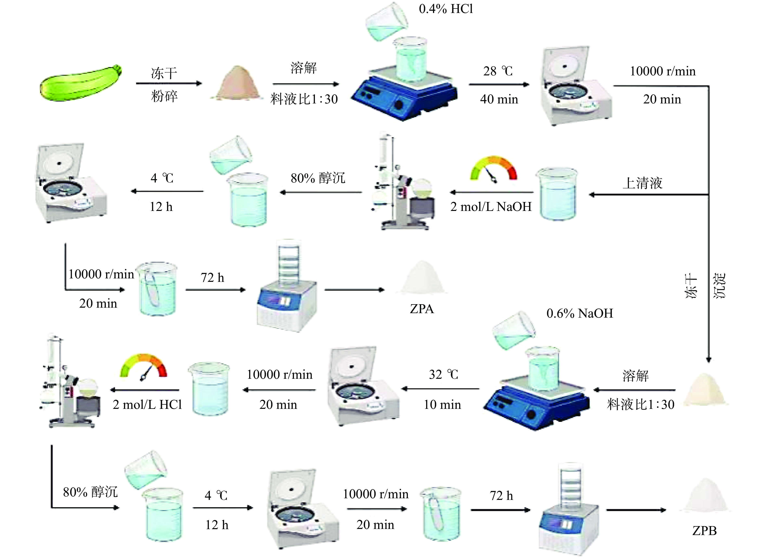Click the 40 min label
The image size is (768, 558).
click(499, 99)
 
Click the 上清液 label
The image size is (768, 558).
click(642, 183)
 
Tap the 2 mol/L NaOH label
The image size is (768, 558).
click(491, 206)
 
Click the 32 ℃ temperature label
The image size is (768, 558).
click(443, 375)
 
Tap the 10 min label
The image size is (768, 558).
click(442, 404)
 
